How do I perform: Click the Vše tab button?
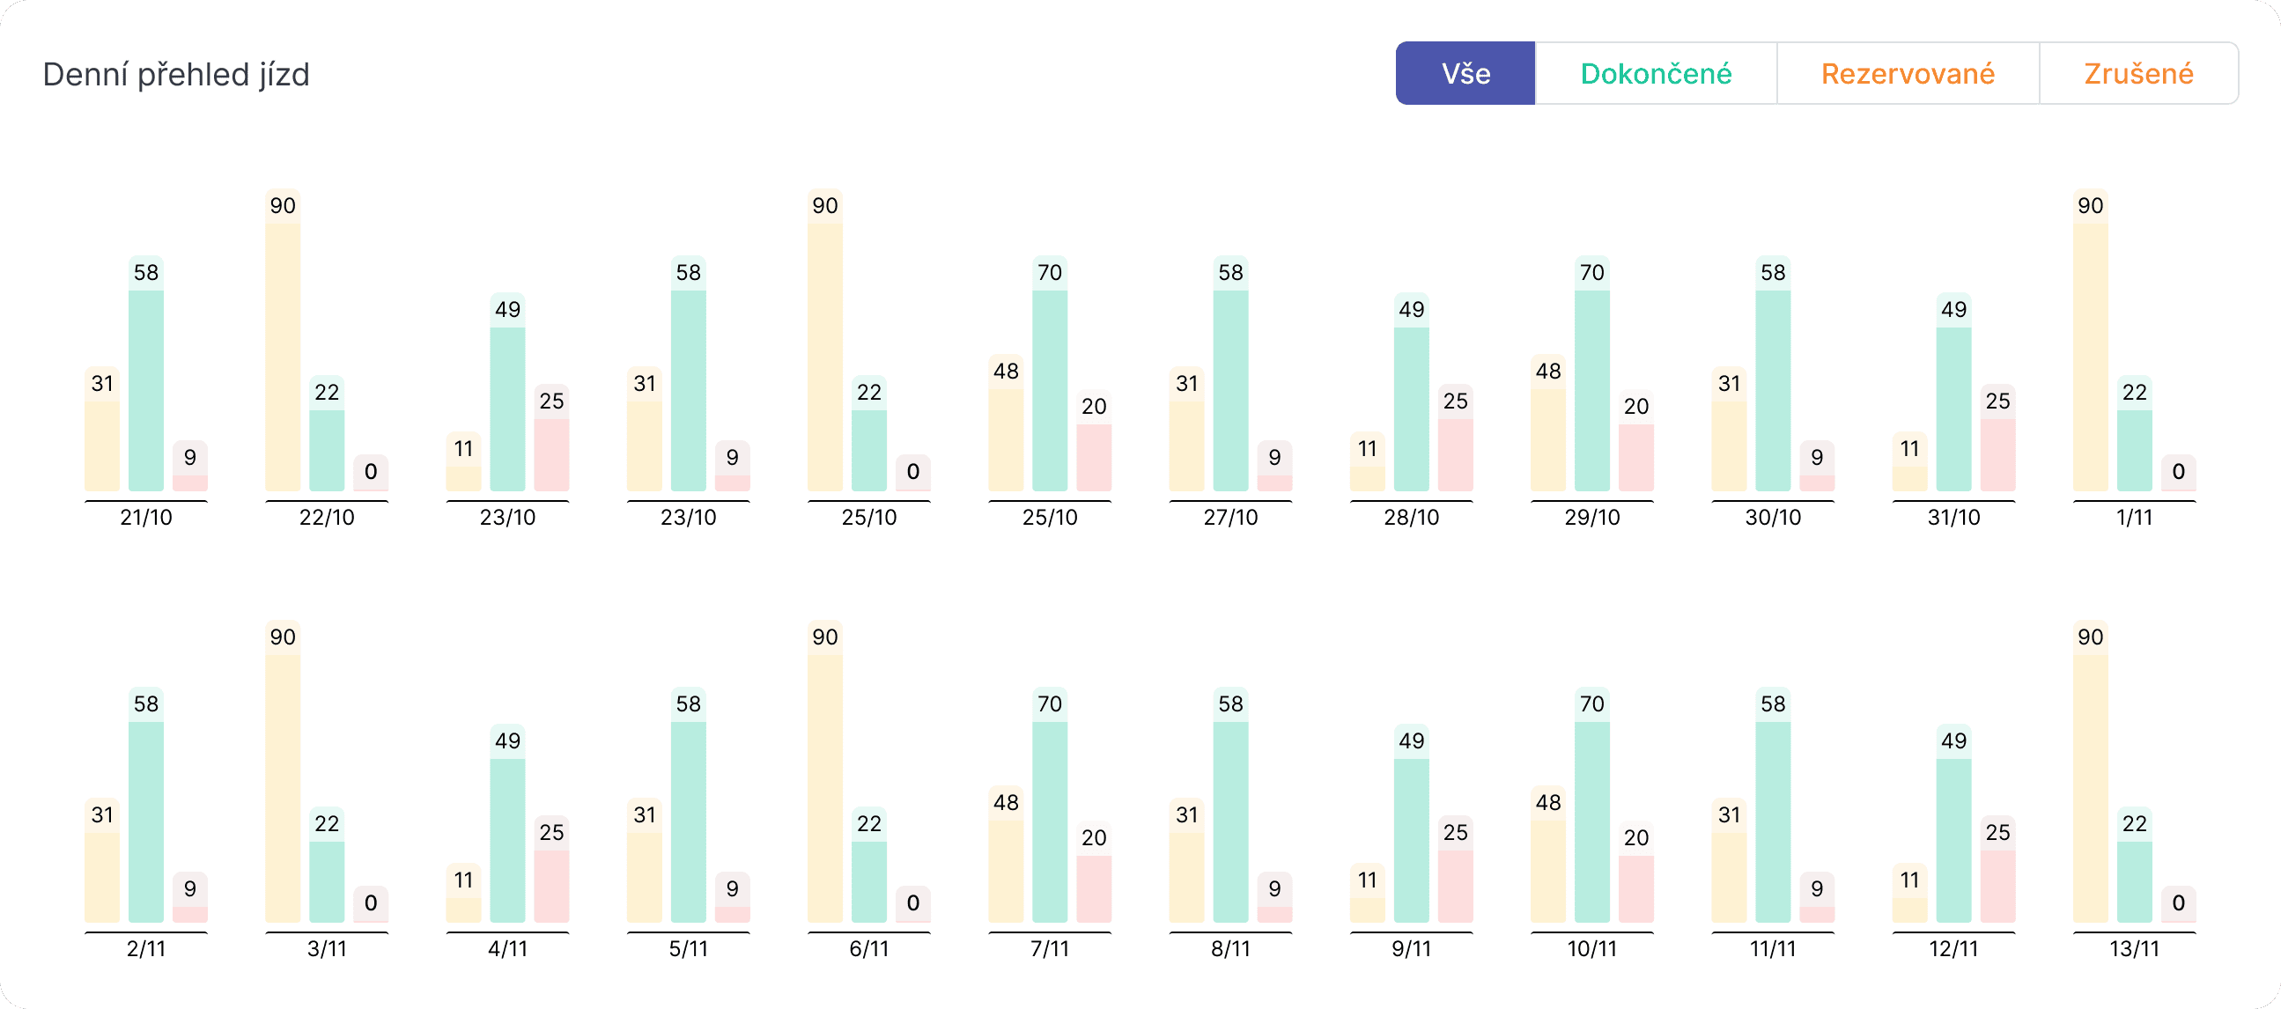point(1465,73)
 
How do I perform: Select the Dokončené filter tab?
point(1656,73)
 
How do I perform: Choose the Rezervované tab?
point(1908,73)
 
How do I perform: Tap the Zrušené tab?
point(2138,73)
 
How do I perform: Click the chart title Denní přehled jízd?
point(176,74)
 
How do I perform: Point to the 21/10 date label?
point(146,518)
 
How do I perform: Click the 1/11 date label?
point(2134,518)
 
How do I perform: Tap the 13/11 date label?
point(2134,949)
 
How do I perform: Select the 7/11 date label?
point(1049,949)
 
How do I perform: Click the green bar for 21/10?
point(146,389)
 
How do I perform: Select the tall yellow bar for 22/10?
point(283,354)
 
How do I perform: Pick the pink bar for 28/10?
point(1455,455)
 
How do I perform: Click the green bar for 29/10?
point(1591,389)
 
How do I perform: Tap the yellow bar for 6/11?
point(824,788)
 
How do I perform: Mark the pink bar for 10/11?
point(1635,888)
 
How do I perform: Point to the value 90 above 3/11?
point(283,637)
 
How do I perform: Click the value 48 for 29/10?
point(1548,372)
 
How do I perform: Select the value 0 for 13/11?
point(2178,902)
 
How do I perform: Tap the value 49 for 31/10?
point(1953,310)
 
